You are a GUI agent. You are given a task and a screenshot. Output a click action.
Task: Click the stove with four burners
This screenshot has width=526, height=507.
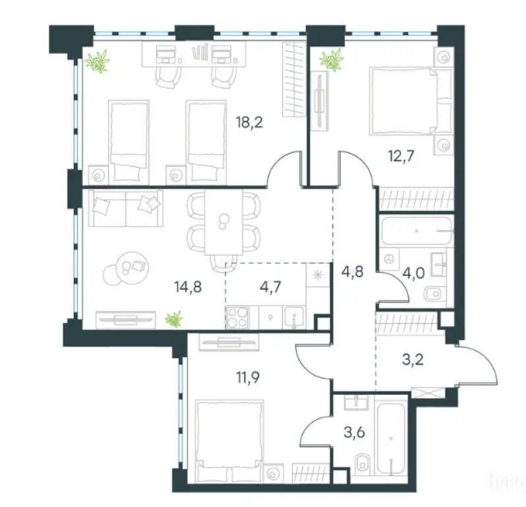pos(238,318)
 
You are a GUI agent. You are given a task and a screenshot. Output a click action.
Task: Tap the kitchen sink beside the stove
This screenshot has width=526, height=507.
pos(293,318)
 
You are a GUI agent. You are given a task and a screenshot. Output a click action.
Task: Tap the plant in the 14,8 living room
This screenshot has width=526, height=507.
pos(173,320)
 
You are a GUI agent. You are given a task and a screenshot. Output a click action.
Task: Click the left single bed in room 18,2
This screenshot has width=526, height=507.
pos(127,140)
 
